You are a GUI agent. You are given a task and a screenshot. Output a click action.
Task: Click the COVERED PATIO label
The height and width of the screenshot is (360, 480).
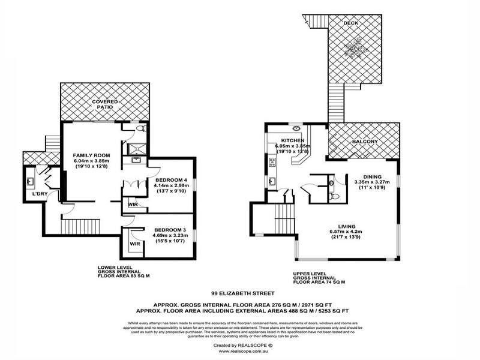coord(105,105)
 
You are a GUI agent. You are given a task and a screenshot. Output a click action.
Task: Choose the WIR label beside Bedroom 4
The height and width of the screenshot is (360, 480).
coord(133,205)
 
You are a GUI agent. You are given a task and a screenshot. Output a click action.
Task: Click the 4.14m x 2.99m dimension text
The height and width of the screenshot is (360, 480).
coord(170,187)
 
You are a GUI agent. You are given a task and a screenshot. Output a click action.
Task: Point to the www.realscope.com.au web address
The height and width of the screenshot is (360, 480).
coord(241,352)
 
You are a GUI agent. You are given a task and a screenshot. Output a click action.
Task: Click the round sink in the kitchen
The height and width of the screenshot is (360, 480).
coord(296,128)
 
